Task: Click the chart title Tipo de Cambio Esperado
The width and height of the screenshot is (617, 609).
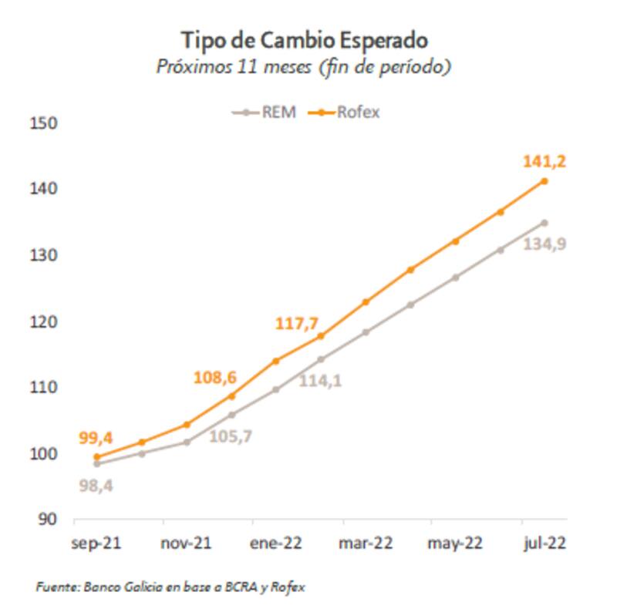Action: tap(304, 39)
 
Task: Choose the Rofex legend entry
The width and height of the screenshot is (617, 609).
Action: tap(345, 112)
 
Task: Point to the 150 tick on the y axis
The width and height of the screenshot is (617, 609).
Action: tap(48, 123)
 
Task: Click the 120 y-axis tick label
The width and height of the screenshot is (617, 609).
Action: tap(48, 321)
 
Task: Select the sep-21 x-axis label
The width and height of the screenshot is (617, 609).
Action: tap(96, 543)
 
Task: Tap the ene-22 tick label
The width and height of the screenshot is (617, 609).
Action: tap(276, 543)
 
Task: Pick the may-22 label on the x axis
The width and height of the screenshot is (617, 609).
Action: tap(455, 543)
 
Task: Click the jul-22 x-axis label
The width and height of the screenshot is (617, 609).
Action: tap(545, 543)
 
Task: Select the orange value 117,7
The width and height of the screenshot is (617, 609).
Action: tap(297, 323)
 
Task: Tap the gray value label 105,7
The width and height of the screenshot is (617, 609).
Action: tap(231, 436)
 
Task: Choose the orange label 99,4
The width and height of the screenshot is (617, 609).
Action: tap(96, 439)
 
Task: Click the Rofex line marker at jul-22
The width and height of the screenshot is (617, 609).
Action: tap(545, 181)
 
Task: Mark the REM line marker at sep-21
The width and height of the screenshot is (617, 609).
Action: tap(96, 463)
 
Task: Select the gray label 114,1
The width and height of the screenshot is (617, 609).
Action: tap(321, 379)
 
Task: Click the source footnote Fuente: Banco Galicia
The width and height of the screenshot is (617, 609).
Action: tap(170, 587)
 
